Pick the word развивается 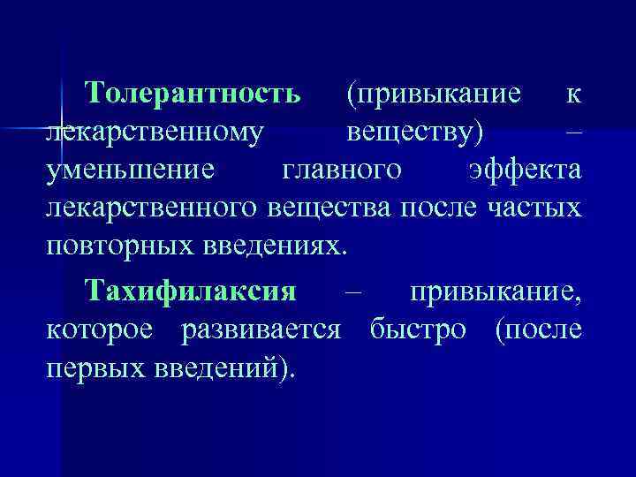click(x=261, y=330)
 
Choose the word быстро click(x=419, y=330)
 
